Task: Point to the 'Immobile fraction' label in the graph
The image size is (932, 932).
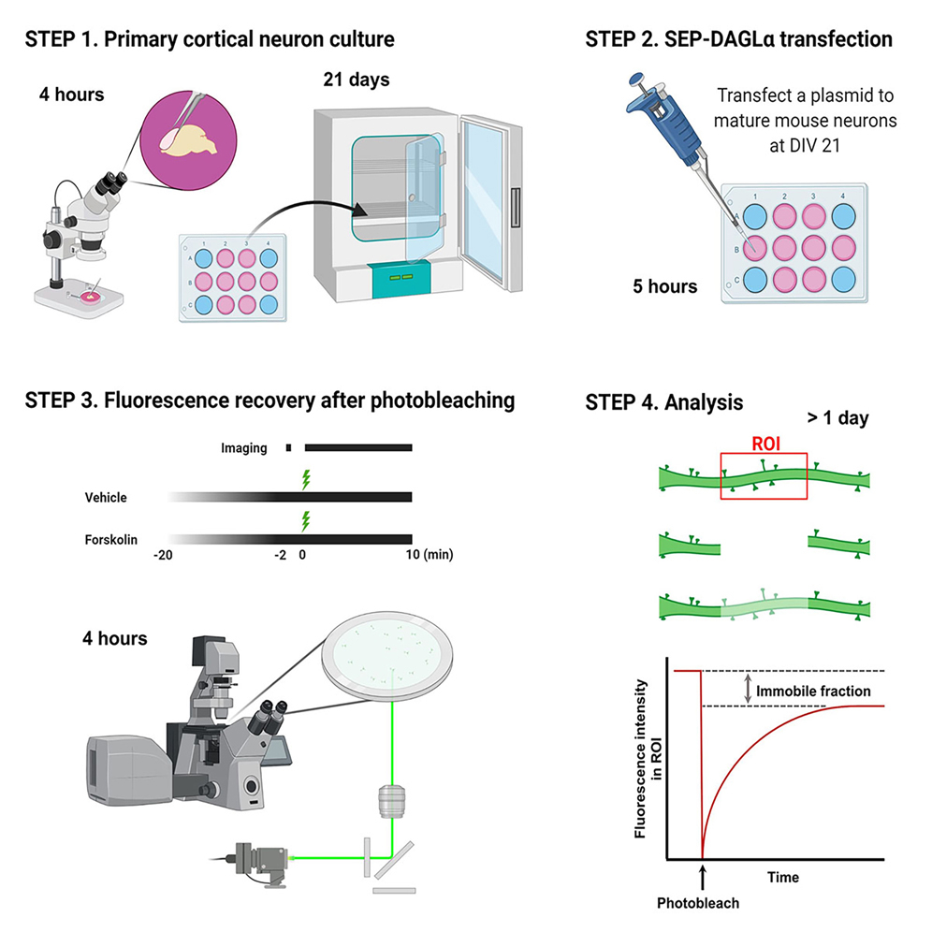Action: coord(814,691)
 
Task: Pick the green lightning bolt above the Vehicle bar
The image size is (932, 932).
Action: coord(304,480)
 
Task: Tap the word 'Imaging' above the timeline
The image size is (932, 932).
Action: coord(244,448)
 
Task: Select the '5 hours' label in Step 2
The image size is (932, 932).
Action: coord(666,287)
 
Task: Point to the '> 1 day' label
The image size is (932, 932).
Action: coord(837,418)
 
